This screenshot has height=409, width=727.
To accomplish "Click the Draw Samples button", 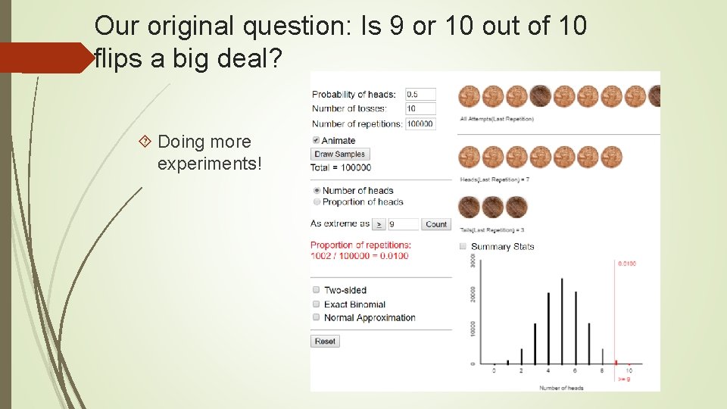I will pyautogui.click(x=339, y=154).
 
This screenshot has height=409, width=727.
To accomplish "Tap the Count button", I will pyautogui.click(x=436, y=224).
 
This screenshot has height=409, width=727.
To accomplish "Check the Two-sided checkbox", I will pyautogui.click(x=316, y=290).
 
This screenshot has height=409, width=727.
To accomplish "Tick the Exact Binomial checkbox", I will pyautogui.click(x=316, y=304).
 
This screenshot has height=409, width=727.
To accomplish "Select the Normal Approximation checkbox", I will pyautogui.click(x=316, y=317).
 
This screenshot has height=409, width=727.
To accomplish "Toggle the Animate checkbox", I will pyautogui.click(x=316, y=140).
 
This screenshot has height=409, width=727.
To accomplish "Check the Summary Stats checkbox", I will pyautogui.click(x=463, y=246).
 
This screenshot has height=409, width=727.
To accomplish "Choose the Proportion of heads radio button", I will pyautogui.click(x=316, y=202).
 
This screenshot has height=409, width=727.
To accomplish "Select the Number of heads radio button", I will pyautogui.click(x=316, y=191).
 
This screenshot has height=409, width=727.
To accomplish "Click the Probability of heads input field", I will pyautogui.click(x=420, y=95).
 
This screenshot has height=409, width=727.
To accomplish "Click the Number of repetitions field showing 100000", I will pyautogui.click(x=420, y=123).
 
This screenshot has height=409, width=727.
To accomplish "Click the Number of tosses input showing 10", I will pyautogui.click(x=420, y=109).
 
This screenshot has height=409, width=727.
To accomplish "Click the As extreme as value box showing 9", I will pyautogui.click(x=403, y=224).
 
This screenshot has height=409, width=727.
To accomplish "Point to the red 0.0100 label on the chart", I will pyautogui.click(x=626, y=264).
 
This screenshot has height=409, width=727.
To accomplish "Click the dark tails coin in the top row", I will pyautogui.click(x=540, y=96).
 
